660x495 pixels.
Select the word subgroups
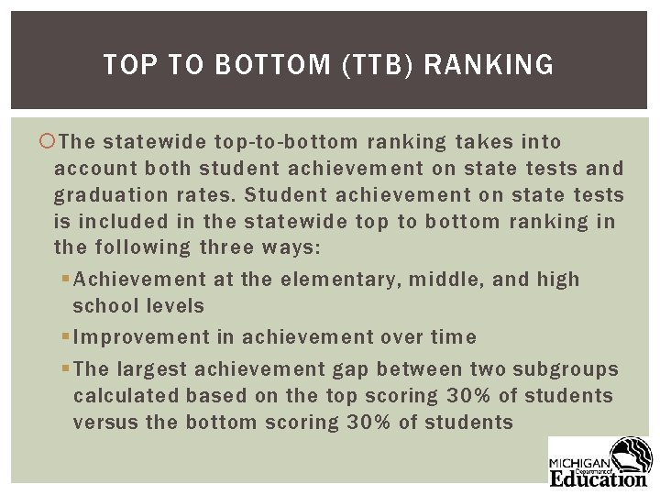click(x=570, y=369)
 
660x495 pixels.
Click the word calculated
click(x=126, y=396)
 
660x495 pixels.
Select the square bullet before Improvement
click(x=66, y=337)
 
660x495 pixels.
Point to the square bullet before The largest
click(x=66, y=369)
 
